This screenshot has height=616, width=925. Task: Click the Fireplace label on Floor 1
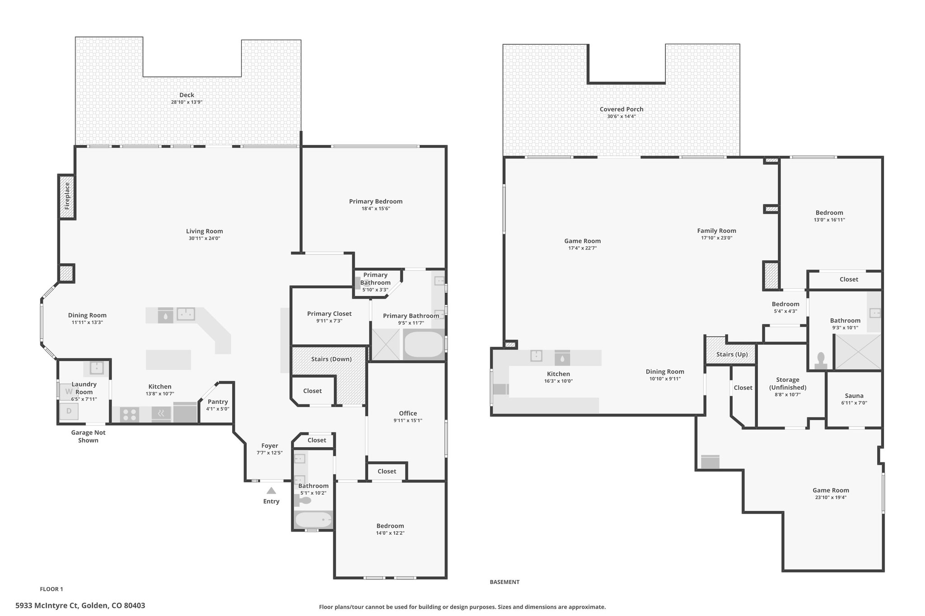pos(67,196)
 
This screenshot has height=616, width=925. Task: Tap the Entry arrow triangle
pos(271,491)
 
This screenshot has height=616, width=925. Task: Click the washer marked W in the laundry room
pos(69,391)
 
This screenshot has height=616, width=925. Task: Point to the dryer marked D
pos(69,411)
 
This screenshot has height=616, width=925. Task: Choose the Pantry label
pos(218,402)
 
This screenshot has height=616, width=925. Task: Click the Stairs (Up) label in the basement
pos(732,354)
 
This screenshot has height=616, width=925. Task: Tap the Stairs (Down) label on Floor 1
pos(331,359)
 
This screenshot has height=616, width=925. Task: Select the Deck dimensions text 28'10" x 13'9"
pos(187,102)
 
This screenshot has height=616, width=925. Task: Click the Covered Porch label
pos(621,109)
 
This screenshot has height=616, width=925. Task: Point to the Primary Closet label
pos(329,314)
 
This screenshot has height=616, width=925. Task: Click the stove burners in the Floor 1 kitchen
pos(130,414)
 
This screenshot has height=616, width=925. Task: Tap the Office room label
pos(408,413)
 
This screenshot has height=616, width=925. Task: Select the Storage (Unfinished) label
pos(788,384)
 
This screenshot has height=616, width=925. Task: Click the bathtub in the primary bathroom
pos(424,345)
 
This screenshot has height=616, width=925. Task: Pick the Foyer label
pos(270,446)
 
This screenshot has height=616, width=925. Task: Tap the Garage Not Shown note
pos(88,436)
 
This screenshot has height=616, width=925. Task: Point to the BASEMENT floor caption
pos(505,582)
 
